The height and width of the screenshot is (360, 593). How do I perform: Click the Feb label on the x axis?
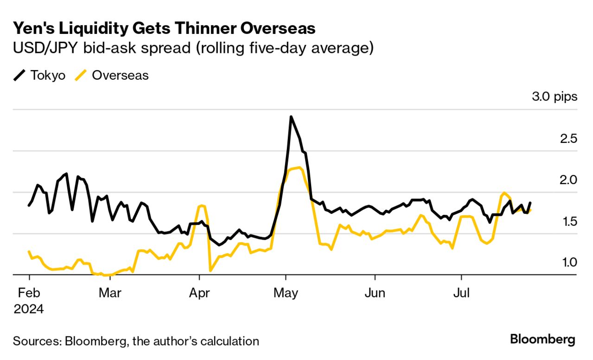[29, 293]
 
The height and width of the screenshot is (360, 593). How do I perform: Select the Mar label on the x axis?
[110, 293]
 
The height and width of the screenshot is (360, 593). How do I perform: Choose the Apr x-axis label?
[199, 293]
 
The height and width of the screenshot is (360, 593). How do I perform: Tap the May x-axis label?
[286, 293]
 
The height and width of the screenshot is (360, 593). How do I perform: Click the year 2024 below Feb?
[29, 309]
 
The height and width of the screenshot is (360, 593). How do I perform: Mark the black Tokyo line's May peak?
[291, 117]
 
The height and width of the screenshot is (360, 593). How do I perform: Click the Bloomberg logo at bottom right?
[542, 340]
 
